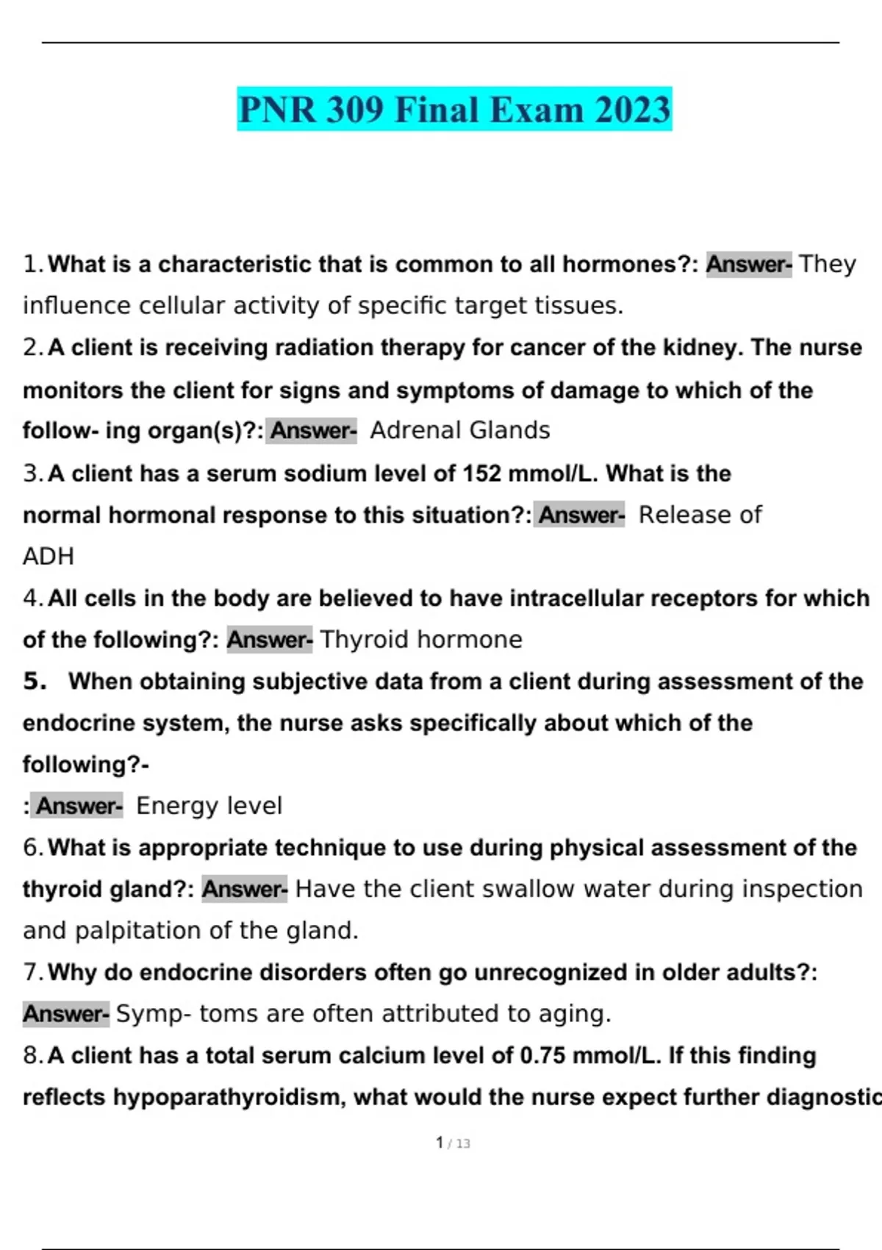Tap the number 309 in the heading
(x=355, y=110)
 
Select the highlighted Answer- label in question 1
(x=748, y=264)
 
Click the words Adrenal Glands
(x=460, y=430)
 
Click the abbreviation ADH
(x=49, y=557)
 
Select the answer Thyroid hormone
(x=421, y=640)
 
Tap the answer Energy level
(x=209, y=806)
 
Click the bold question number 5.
(x=35, y=682)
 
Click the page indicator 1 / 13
(x=453, y=1143)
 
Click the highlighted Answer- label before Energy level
(x=79, y=806)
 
